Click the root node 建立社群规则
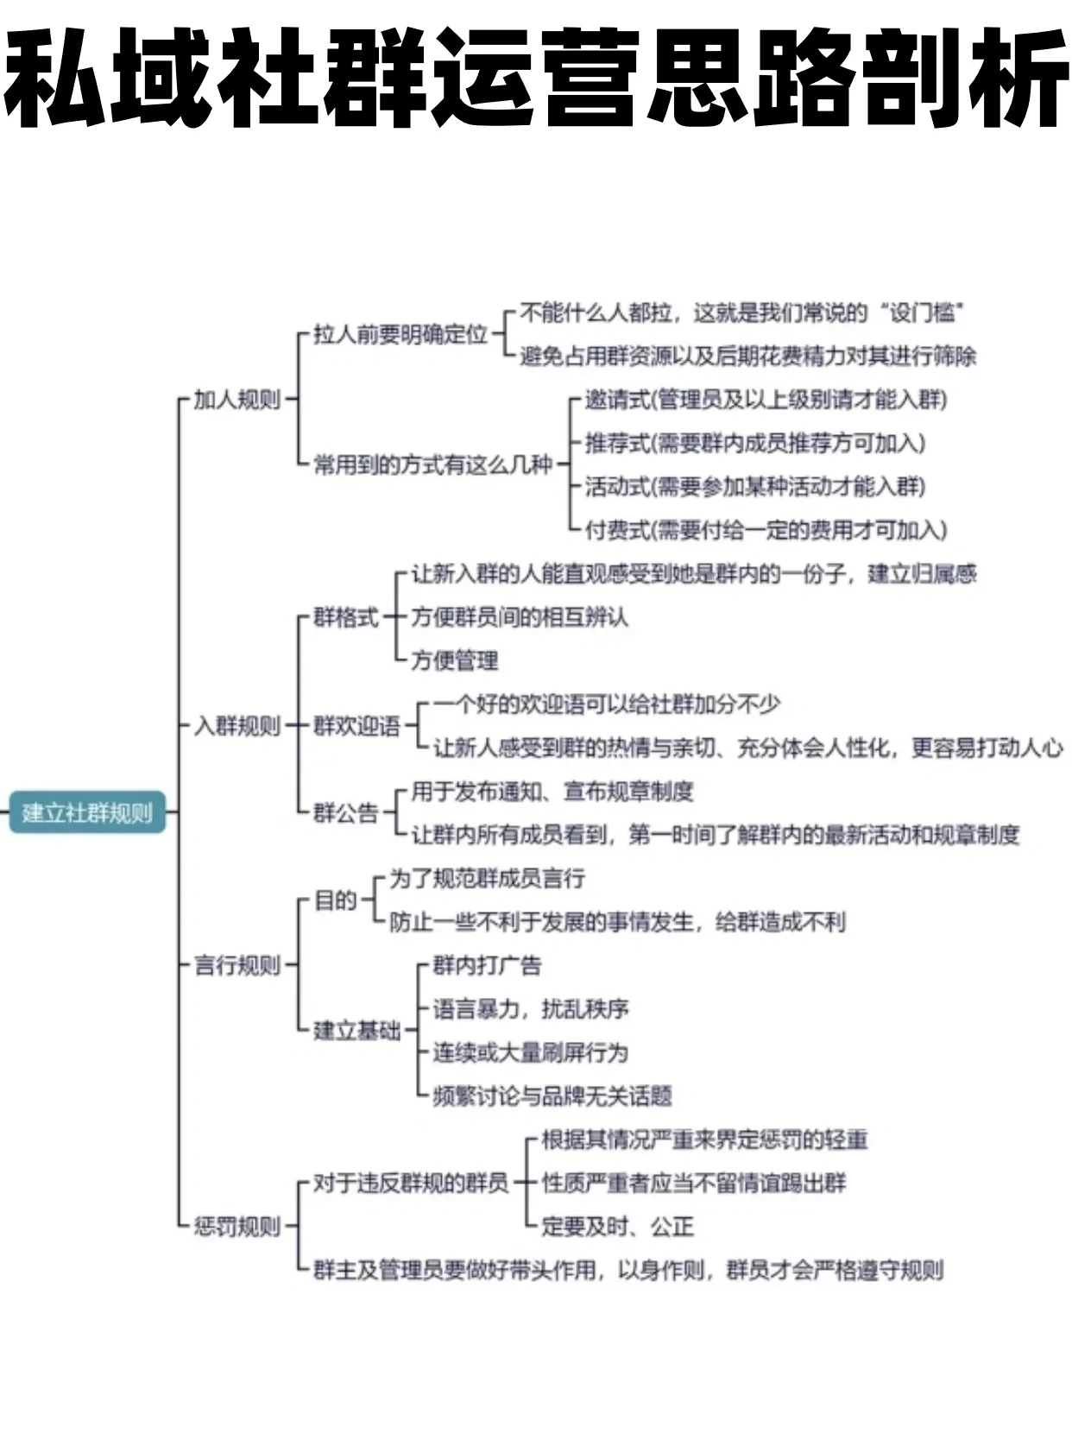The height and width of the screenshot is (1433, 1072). pos(87,812)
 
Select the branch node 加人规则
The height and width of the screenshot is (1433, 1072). pos(236,400)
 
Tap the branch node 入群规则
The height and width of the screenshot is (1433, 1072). pos(236,726)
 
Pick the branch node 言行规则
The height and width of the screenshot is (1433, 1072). pos(236,965)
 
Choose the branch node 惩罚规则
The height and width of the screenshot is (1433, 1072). pos(236,1227)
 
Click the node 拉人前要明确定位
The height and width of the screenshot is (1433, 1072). pos(400,334)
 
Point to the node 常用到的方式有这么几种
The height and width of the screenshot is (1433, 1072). pos(432,465)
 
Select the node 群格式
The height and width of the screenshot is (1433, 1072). pos(345,617)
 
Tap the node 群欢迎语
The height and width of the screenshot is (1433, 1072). pos(356,726)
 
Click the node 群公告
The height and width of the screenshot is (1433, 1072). pos(345,812)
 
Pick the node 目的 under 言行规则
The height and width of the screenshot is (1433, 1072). pos(335,900)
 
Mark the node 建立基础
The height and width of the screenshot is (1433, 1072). pos(356,1030)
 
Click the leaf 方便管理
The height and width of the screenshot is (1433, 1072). pos(454,661)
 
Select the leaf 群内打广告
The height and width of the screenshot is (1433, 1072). pos(487,965)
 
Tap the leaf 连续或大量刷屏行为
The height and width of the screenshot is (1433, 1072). pos(530,1052)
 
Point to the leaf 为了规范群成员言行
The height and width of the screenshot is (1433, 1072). pos(487,879)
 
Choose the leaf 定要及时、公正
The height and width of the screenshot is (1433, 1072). pos(617,1227)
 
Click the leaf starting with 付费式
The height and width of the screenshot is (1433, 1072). pos(766,530)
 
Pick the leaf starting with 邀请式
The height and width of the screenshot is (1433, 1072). pos(766,400)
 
